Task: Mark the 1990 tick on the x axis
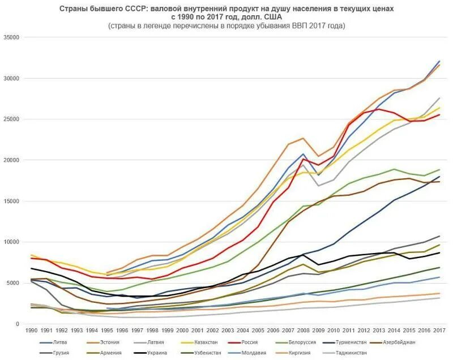(x=33, y=329)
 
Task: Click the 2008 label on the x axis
(x=303, y=329)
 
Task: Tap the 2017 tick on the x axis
(x=439, y=329)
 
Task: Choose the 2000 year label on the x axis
(x=183, y=329)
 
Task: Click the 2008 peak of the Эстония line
(x=304, y=138)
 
